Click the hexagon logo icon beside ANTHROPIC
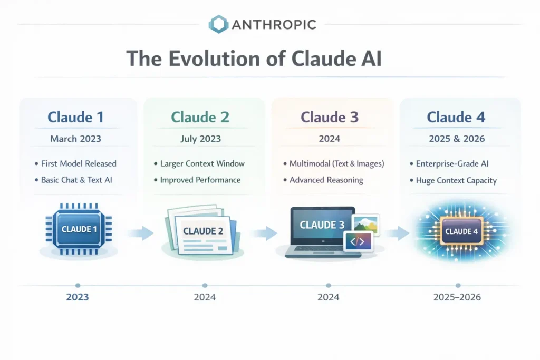(x=218, y=24)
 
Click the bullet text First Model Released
(x=79, y=163)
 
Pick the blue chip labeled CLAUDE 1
(x=79, y=229)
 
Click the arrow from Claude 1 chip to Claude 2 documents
(x=140, y=232)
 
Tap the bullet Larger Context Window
(x=202, y=163)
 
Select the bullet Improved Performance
(x=200, y=180)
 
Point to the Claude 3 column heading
(x=330, y=116)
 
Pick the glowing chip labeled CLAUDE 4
(x=458, y=231)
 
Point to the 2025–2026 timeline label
(x=457, y=297)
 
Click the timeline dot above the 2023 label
(x=78, y=285)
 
